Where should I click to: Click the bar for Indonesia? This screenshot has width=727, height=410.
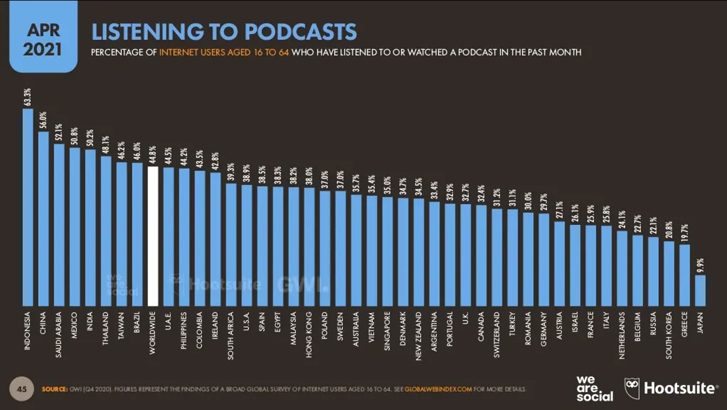pyautogui.click(x=28, y=207)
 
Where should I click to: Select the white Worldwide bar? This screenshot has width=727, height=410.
pyautogui.click(x=153, y=236)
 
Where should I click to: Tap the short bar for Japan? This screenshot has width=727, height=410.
pyautogui.click(x=700, y=290)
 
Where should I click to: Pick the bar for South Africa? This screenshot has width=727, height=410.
pyautogui.click(x=231, y=244)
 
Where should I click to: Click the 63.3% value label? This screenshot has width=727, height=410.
pyautogui.click(x=27, y=98)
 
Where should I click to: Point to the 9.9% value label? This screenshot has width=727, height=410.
pyautogui.click(x=700, y=265)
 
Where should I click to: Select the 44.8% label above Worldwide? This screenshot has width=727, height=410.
pyautogui.click(x=153, y=156)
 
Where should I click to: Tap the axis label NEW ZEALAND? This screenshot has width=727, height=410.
pyautogui.click(x=419, y=336)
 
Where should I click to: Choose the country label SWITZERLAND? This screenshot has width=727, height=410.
pyautogui.click(x=497, y=335)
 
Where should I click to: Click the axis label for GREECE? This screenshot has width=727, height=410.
pyautogui.click(x=685, y=326)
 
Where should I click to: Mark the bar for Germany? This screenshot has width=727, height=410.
pyautogui.click(x=544, y=260)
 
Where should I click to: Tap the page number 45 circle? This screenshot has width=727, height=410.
pyautogui.click(x=22, y=389)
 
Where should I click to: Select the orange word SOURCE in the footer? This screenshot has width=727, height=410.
pyautogui.click(x=55, y=389)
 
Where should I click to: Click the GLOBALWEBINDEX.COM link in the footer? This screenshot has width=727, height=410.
pyautogui.click(x=438, y=389)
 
